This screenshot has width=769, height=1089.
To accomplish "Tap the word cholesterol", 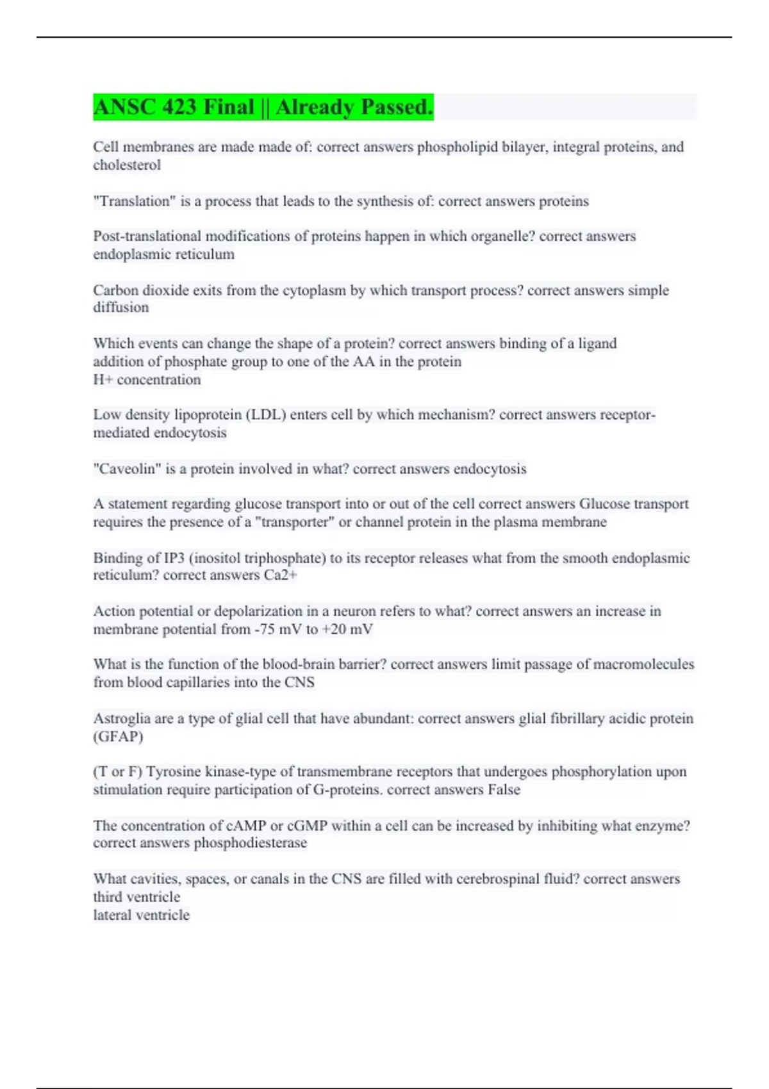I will (127, 165).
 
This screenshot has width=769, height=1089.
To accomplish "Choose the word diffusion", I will (121, 307).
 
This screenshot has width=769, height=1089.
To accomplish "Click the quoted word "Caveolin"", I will (127, 469).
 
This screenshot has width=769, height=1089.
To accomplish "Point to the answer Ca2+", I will (280, 575).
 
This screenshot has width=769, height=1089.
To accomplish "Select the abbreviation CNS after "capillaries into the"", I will (299, 683).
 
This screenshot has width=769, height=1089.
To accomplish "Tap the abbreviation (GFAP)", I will (118, 737).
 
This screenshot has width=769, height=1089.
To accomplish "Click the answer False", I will (504, 790).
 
